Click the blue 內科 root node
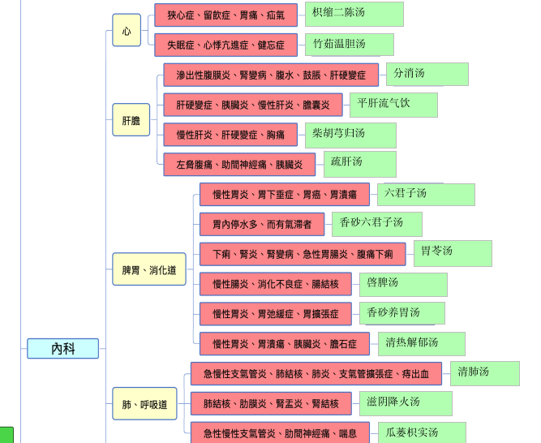pos(63,349)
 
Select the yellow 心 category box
pos(127,31)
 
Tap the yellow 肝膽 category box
pos(131,120)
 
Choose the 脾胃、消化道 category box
pos(149,269)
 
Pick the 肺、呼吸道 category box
pos(144,404)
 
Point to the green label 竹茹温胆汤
pos(350,44)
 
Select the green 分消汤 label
pos(427,74)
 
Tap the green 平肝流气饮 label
pos(393,104)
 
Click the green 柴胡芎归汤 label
pos(350,134)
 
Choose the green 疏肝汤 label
pos(359,163)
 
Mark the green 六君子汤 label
pos(425,194)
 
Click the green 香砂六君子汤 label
pos(376,223)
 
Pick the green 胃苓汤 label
pos(452,252)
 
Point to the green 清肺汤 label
pos(484,373)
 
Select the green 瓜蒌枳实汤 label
pos(422,433)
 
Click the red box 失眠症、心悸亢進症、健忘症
pos(225,45)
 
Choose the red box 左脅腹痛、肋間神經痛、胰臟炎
pos(238,164)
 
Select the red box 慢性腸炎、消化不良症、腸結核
pos(275,284)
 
